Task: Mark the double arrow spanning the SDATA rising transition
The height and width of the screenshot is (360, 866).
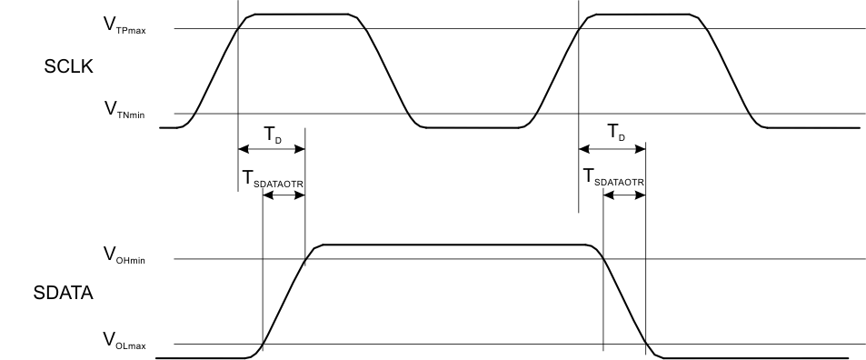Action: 284,197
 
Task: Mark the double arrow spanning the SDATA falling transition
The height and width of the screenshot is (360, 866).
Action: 624,197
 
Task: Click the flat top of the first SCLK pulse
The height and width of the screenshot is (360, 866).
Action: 301,15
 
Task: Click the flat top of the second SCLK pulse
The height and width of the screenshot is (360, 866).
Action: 642,15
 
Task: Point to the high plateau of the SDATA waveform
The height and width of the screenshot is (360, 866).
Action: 454,245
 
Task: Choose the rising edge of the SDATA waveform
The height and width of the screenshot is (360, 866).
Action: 284,300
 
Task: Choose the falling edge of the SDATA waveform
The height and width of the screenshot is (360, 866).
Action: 624,300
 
